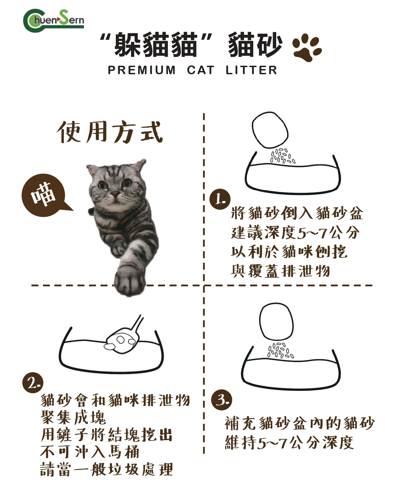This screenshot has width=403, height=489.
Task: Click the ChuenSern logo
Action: [x=54, y=21]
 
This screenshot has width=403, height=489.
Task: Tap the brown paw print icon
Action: [x=307, y=47]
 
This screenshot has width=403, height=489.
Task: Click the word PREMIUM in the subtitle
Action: [x=142, y=70]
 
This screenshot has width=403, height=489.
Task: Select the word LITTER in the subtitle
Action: [x=251, y=70]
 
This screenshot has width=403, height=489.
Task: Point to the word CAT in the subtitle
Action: [x=201, y=70]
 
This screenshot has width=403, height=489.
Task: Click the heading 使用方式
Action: [x=110, y=132]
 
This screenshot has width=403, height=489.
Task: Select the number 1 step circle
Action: [x=220, y=199]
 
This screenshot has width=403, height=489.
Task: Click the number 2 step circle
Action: [x=33, y=383]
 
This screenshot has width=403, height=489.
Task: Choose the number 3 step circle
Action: [x=222, y=400]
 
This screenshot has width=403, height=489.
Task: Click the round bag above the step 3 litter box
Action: [x=276, y=321]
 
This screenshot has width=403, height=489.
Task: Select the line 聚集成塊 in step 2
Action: [x=73, y=417]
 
